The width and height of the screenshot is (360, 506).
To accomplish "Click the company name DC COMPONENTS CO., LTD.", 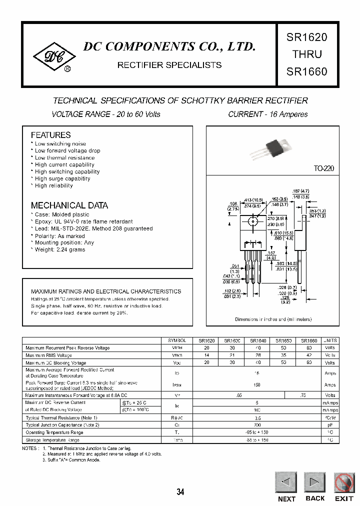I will pos(169,46).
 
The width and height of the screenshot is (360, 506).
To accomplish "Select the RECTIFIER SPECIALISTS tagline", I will pos(169,65).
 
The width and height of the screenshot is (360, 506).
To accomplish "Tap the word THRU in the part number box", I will pos(306,54).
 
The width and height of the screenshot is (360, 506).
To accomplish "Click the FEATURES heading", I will pos(50,135).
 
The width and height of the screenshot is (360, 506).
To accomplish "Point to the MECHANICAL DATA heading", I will pos(69,205).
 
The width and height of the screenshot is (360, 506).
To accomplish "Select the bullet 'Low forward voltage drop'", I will pos(67,150).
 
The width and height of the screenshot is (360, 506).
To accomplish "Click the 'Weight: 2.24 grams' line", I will pos(59,249).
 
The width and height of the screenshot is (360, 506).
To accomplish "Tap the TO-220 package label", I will pos(323,169).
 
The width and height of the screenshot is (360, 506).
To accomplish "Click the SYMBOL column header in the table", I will pos(176,340).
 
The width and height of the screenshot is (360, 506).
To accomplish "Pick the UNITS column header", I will pos(330,340).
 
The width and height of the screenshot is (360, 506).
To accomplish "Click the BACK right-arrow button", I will pos(315,482).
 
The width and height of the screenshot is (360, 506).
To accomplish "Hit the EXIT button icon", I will pos(344,482).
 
